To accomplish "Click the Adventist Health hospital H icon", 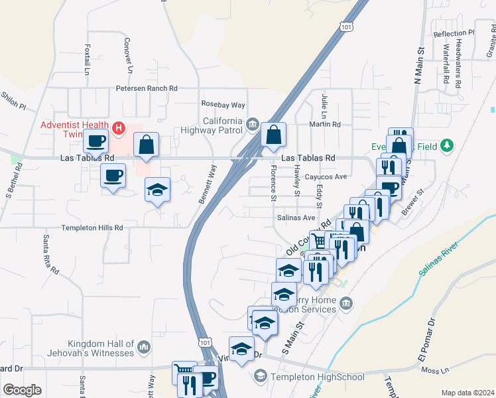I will coord(119,127).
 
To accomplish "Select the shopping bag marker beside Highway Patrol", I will coord(273,135).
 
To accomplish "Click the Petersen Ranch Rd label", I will coord(147,88).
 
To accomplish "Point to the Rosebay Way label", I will coord(223,105).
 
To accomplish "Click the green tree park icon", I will coord(448,145).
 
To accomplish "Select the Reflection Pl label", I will coord(454,33).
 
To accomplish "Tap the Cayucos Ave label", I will coord(326,177).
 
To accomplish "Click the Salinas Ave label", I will coord(295,218).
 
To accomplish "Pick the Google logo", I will coord(22,390).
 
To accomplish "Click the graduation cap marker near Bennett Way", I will coord(157,190).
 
